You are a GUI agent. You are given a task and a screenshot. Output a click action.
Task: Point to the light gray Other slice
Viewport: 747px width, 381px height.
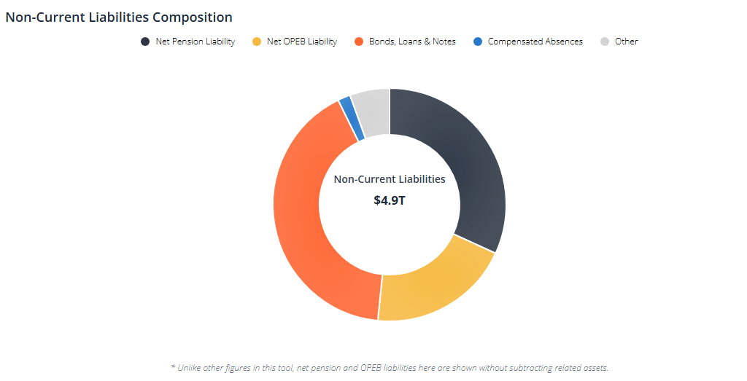372,113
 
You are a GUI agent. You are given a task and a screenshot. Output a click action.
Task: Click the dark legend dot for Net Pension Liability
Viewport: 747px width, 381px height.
145,42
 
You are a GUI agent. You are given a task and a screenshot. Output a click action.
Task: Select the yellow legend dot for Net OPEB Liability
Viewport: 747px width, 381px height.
256,42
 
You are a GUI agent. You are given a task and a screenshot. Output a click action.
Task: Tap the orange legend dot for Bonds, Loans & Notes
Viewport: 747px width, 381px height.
358,42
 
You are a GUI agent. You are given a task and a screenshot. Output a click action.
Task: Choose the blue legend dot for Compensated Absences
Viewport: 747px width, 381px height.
477,42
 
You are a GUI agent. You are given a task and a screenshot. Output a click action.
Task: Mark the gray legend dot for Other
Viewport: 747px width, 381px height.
604,42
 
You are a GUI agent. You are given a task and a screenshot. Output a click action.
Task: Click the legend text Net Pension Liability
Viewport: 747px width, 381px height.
195,42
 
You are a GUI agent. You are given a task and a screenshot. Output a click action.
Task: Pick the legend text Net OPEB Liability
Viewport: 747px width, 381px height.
302,42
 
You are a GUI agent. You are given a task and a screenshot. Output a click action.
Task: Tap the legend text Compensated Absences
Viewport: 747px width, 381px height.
535,42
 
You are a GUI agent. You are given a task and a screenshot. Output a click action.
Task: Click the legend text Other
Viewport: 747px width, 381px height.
627,42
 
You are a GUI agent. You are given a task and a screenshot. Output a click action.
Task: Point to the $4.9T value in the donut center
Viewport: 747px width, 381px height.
390,200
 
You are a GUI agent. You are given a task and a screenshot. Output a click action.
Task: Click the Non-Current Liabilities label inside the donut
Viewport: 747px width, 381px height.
390,179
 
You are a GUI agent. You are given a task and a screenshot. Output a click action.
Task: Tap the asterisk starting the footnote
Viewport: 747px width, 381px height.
173,367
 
